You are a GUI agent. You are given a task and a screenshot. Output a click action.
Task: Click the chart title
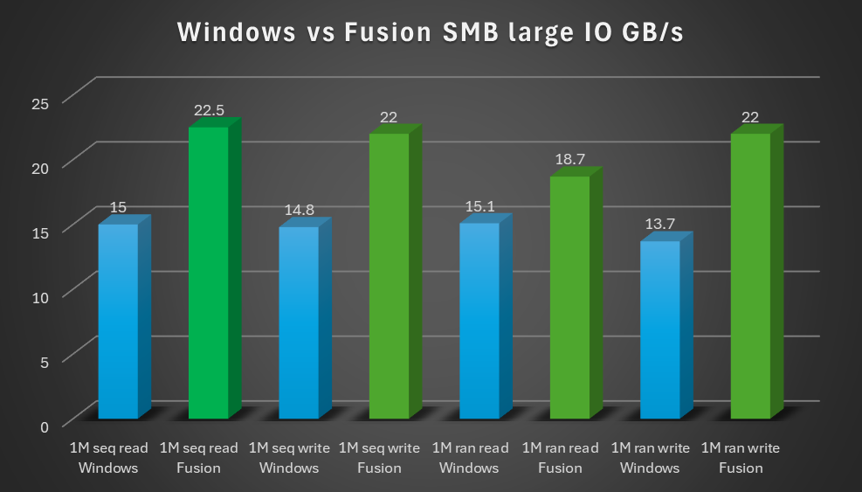[430, 33]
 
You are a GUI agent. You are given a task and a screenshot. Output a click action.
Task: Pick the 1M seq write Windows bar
[299, 322]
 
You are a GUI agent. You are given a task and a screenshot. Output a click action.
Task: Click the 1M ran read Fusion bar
[569, 297]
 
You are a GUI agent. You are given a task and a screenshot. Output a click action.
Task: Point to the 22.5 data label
[209, 110]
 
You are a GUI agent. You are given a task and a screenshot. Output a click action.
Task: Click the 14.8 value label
[299, 211]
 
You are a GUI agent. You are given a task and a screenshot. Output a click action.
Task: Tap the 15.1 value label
[479, 207]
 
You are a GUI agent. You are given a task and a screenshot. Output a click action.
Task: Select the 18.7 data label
[569, 160]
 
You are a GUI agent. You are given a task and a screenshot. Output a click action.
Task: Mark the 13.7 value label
[659, 225]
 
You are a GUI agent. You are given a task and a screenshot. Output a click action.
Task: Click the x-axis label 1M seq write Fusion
[379, 458]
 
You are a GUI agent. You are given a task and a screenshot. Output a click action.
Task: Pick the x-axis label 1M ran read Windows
[470, 458]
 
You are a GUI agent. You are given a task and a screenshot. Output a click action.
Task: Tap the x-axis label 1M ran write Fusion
[741, 458]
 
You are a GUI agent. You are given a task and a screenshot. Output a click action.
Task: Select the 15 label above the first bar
[118, 208]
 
